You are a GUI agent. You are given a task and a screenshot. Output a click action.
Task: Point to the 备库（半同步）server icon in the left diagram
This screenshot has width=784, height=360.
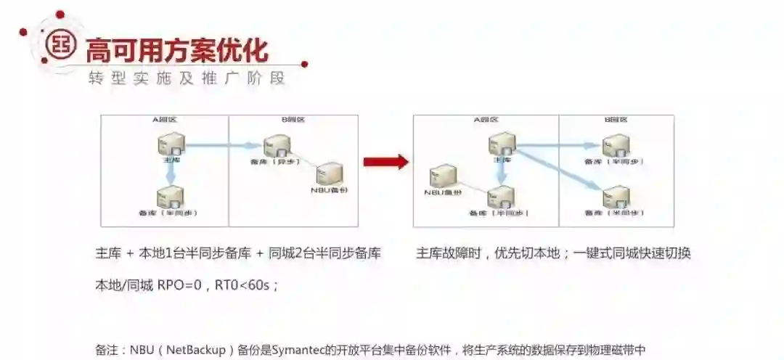point(171,196)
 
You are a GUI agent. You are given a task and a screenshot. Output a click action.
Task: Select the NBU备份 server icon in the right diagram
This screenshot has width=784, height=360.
point(443,176)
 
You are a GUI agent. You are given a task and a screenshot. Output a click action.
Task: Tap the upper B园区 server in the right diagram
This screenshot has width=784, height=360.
point(616,146)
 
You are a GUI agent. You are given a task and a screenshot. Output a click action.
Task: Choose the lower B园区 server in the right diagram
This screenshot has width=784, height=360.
point(616,196)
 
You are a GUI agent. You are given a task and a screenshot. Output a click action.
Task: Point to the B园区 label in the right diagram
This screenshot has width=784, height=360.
point(616,120)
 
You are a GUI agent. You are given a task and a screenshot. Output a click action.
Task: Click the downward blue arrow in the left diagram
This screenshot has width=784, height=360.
point(171,173)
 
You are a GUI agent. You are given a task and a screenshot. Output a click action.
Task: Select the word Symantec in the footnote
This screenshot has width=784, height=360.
point(297,350)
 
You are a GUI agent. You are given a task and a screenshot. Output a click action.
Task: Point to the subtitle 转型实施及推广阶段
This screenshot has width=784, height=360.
point(186,78)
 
